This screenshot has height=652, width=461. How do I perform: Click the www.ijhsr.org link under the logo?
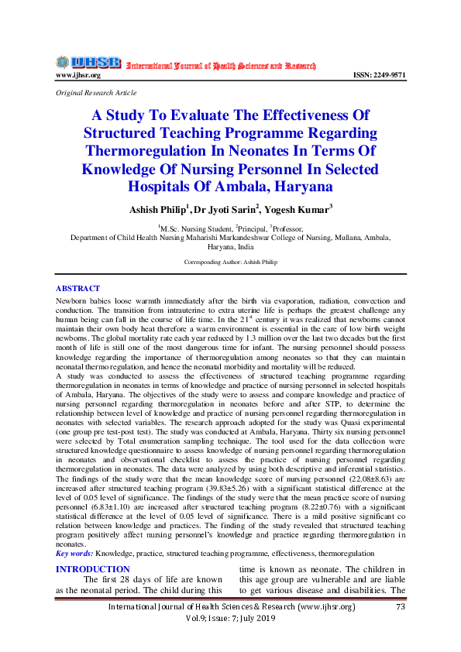click(x=78, y=75)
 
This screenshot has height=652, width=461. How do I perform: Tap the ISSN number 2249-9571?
click(x=379, y=75)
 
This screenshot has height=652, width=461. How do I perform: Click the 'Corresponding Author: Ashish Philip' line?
click(x=230, y=263)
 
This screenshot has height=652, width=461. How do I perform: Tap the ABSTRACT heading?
click(x=78, y=289)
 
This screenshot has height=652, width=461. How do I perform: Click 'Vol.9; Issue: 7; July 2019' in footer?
click(x=230, y=622)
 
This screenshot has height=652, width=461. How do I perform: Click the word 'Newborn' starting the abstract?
click(x=71, y=300)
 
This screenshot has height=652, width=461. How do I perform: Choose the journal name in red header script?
click(x=220, y=66)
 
